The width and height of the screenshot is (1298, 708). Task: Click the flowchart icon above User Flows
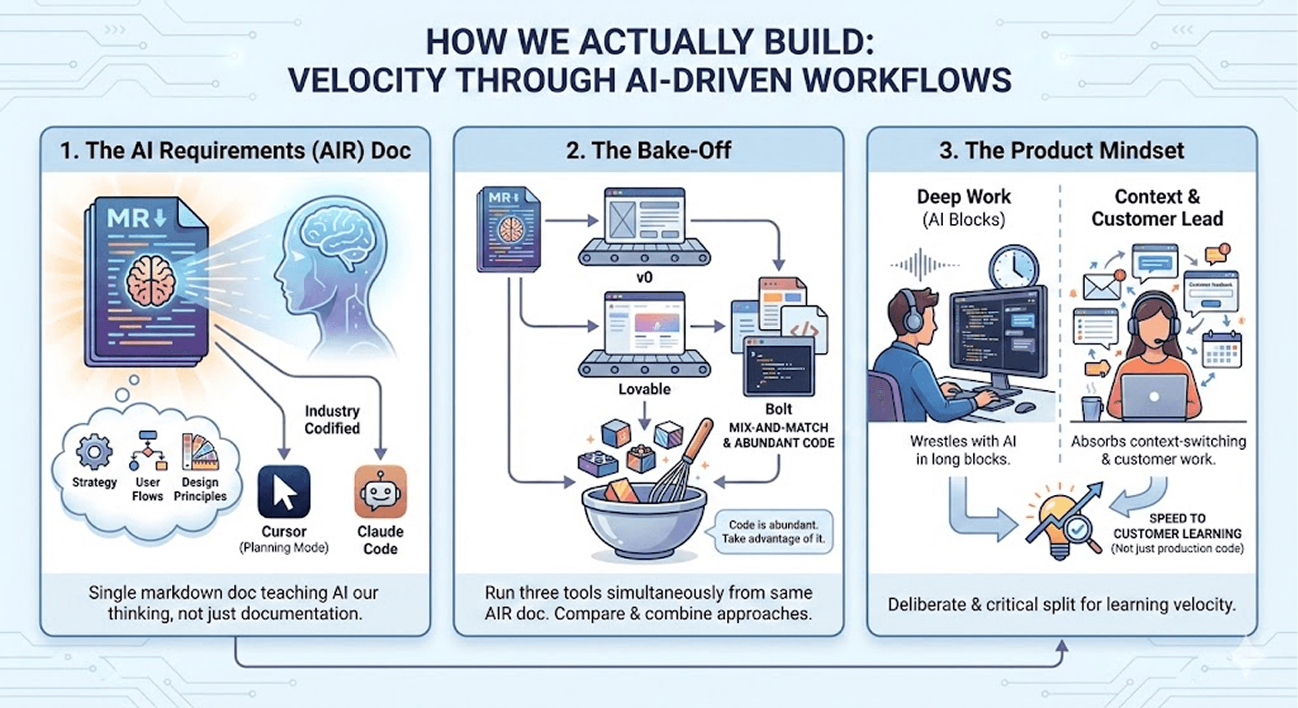[x=148, y=451]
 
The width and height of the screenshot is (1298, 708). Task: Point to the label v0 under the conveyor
[x=644, y=277]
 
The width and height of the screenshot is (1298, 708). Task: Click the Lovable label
[x=644, y=389]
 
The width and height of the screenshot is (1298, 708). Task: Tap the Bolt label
[x=778, y=409]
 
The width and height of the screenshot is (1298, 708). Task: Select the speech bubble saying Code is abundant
[x=773, y=532]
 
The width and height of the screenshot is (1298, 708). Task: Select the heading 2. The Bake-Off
[x=648, y=151]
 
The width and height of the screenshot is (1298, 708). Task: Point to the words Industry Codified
[x=332, y=420]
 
